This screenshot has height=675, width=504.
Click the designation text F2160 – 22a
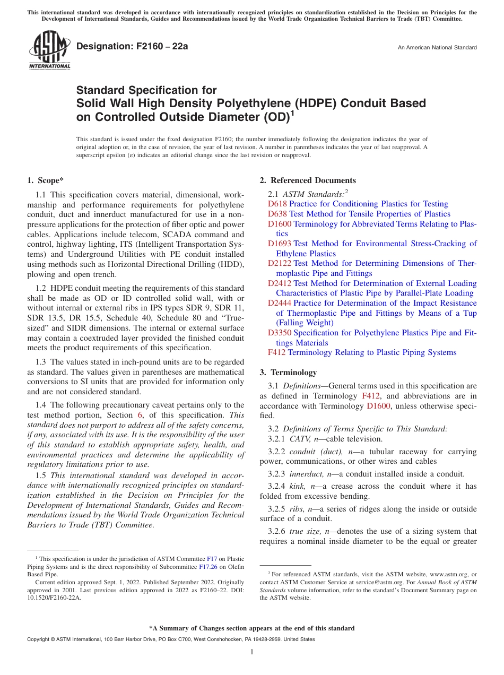[x=132, y=47]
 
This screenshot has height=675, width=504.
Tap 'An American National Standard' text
[x=437, y=48]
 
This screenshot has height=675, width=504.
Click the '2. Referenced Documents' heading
[x=307, y=180]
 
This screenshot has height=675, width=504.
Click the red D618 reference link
[x=277, y=204]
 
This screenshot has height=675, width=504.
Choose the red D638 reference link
[x=277, y=214]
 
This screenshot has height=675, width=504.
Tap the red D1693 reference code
[x=279, y=244]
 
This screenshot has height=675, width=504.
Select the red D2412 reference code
[x=279, y=283]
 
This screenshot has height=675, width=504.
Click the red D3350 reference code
[x=279, y=333]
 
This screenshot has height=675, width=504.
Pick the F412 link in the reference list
[x=276, y=352]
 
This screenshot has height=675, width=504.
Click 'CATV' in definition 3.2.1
[x=299, y=439]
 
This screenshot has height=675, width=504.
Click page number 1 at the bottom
[x=252, y=652]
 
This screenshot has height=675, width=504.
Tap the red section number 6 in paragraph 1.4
[x=140, y=415]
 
